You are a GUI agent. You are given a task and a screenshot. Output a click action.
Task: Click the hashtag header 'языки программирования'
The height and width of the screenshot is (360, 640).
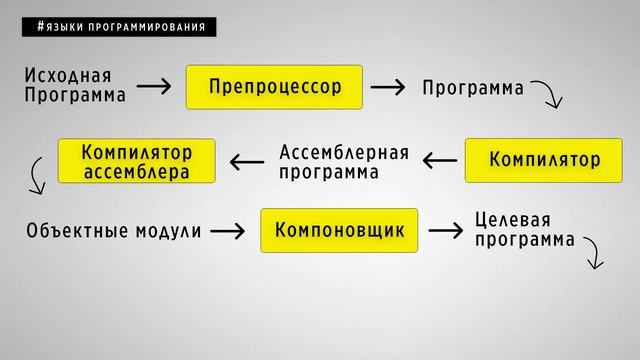[x=119, y=27]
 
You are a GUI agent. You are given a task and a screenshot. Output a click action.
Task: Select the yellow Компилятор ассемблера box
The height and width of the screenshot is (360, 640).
[x=136, y=160]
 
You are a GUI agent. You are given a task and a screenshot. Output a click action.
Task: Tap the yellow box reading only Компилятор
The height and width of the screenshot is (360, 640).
[x=544, y=160]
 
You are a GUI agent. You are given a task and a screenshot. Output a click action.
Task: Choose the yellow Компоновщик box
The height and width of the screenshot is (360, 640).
[x=340, y=231]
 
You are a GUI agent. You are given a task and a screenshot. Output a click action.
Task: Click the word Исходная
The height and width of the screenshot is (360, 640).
[x=68, y=76]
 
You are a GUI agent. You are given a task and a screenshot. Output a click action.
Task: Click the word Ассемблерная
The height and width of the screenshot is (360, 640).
[x=344, y=152]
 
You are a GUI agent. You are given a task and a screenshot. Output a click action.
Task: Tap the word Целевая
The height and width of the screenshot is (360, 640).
[x=512, y=220]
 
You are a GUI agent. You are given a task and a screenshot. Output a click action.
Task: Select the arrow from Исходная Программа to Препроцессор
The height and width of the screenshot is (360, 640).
[x=154, y=87]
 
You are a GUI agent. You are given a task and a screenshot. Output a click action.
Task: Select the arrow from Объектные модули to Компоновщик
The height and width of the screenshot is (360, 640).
[x=227, y=232]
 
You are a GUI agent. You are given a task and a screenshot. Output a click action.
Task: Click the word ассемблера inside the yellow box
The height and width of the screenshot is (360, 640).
[x=136, y=171]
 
